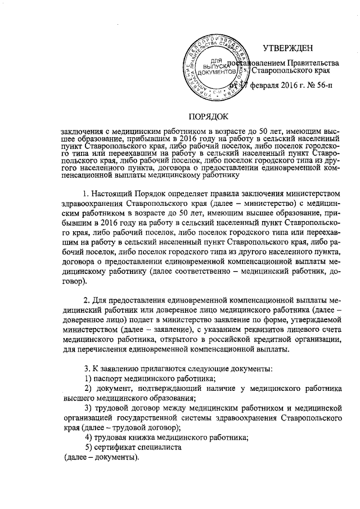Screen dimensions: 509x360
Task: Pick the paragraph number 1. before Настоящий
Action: [86, 195]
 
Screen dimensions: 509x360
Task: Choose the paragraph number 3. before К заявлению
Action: [86, 368]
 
